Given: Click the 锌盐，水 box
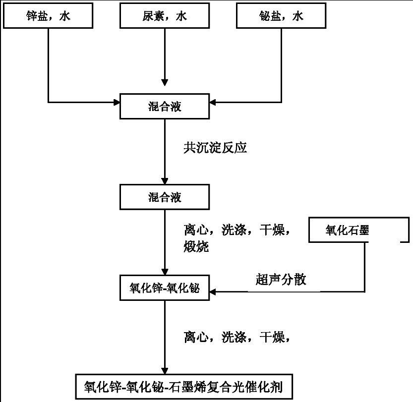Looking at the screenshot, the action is pos(48,15).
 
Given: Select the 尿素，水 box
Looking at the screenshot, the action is pos(165,15).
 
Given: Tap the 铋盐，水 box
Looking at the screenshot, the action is pos(281,15).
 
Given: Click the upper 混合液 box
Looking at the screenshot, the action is pos(165,107).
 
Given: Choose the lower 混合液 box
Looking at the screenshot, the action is pos(165,197).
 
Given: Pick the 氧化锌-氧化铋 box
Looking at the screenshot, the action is pos(165,287).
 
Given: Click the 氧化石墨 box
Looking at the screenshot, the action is pos(359,230).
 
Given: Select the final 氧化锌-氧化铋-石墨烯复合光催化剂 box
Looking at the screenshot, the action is pos(184,387).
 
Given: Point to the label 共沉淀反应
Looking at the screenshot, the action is pos(215,147).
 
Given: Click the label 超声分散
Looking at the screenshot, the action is pos(281,280).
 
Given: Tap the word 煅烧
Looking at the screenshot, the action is pos(196,247).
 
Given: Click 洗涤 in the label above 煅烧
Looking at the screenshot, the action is pos(234,230).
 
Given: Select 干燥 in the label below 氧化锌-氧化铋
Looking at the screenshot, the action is pos(272,337).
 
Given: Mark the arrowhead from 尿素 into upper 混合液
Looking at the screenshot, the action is pos(165,83).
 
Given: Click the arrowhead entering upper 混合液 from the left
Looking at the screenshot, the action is pos(117,102).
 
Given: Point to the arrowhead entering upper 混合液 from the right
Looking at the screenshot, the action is pos(213,102).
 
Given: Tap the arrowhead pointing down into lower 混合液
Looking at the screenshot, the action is pos(165,181).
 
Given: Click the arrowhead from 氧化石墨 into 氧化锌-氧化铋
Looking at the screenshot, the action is pos(213,291).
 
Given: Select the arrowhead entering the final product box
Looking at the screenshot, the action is pos(165,371).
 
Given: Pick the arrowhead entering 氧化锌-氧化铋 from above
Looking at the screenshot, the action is pos(165,272).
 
